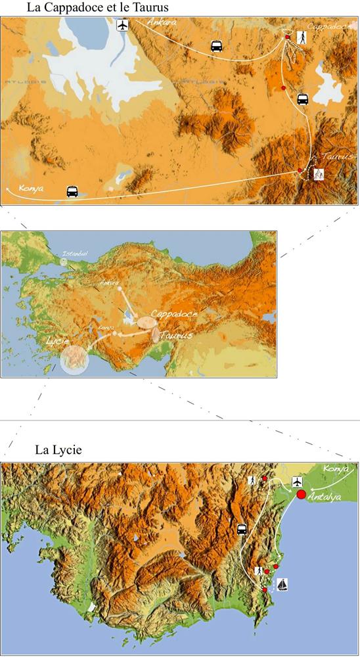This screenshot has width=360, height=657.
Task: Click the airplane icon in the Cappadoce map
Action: tap(122, 26)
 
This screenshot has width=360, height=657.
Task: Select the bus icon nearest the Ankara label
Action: tap(216, 47)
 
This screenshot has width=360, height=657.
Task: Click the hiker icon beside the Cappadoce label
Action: tap(302, 38)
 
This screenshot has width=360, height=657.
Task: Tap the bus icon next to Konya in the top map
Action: tap(72, 191)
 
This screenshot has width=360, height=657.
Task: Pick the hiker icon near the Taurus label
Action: tap(319, 174)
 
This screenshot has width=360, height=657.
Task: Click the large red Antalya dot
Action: tap(302, 494)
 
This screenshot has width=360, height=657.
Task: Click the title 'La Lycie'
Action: tap(58, 451)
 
